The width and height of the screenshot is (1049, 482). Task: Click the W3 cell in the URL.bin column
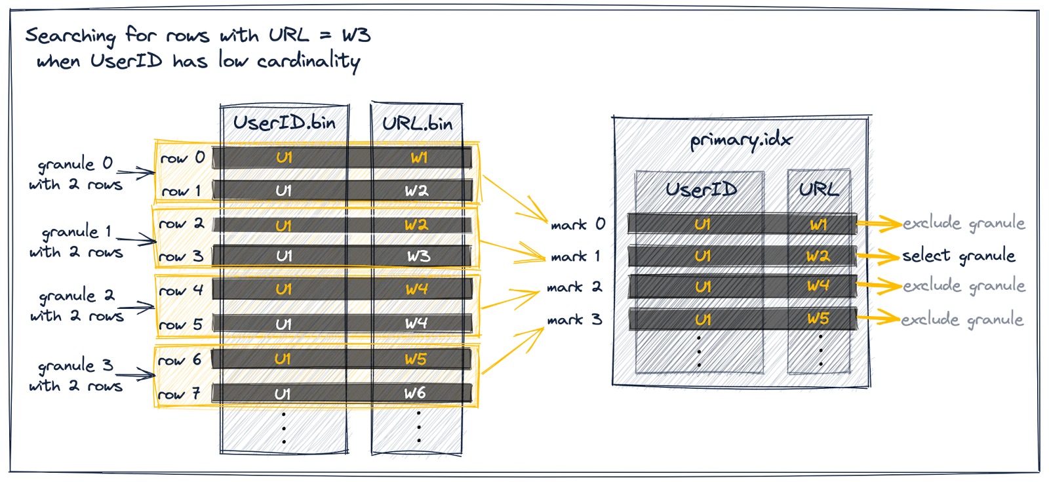pyautogui.click(x=418, y=256)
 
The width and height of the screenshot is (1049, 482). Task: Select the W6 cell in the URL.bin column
pyautogui.click(x=415, y=393)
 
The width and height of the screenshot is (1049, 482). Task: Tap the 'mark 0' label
pyautogui.click(x=578, y=224)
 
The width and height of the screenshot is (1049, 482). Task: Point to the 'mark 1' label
pyautogui.click(x=575, y=256)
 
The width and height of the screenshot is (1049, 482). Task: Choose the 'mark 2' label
pyautogui.click(x=574, y=287)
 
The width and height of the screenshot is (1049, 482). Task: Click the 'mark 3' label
pyautogui.click(x=574, y=320)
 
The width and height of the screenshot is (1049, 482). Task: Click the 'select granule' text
pyautogui.click(x=959, y=256)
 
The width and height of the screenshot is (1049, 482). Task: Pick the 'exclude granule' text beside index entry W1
pyautogui.click(x=964, y=224)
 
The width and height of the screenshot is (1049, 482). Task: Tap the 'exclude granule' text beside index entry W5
pyautogui.click(x=962, y=319)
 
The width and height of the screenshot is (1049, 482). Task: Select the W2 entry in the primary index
pyautogui.click(x=818, y=256)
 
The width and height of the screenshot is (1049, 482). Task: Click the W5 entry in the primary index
pyautogui.click(x=818, y=319)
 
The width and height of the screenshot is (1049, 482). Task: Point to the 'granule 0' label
pyautogui.click(x=75, y=163)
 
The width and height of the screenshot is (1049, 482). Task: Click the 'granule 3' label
pyautogui.click(x=75, y=365)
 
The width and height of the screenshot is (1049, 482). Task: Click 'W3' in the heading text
pyautogui.click(x=356, y=35)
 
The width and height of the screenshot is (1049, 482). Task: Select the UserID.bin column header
pyautogui.click(x=284, y=123)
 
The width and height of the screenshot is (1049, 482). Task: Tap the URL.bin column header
pyautogui.click(x=417, y=123)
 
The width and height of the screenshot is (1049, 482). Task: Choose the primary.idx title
pyautogui.click(x=741, y=140)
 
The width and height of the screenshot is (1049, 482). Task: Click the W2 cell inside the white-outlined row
pyautogui.click(x=416, y=225)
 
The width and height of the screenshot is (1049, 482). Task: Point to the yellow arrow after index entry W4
pyautogui.click(x=879, y=286)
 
